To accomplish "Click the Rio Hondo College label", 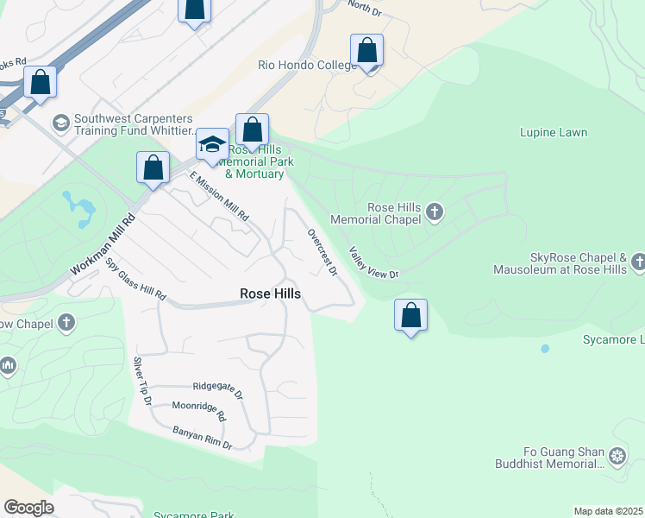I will [307, 66].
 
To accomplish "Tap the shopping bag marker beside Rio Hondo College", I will [367, 51].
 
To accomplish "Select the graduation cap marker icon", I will [211, 144].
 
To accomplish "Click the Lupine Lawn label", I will [553, 133].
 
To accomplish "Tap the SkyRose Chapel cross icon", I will [637, 261].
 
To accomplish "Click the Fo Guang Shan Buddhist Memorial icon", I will [617, 455].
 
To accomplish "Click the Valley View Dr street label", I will [373, 263].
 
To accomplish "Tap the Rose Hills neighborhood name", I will [270, 294].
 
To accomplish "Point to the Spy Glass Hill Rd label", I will [136, 281].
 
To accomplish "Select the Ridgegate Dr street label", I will [218, 388].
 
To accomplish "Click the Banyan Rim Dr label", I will [202, 438].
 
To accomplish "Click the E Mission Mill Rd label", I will [219, 196].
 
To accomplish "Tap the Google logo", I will [28, 508].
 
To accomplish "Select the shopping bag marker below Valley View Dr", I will [411, 316].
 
